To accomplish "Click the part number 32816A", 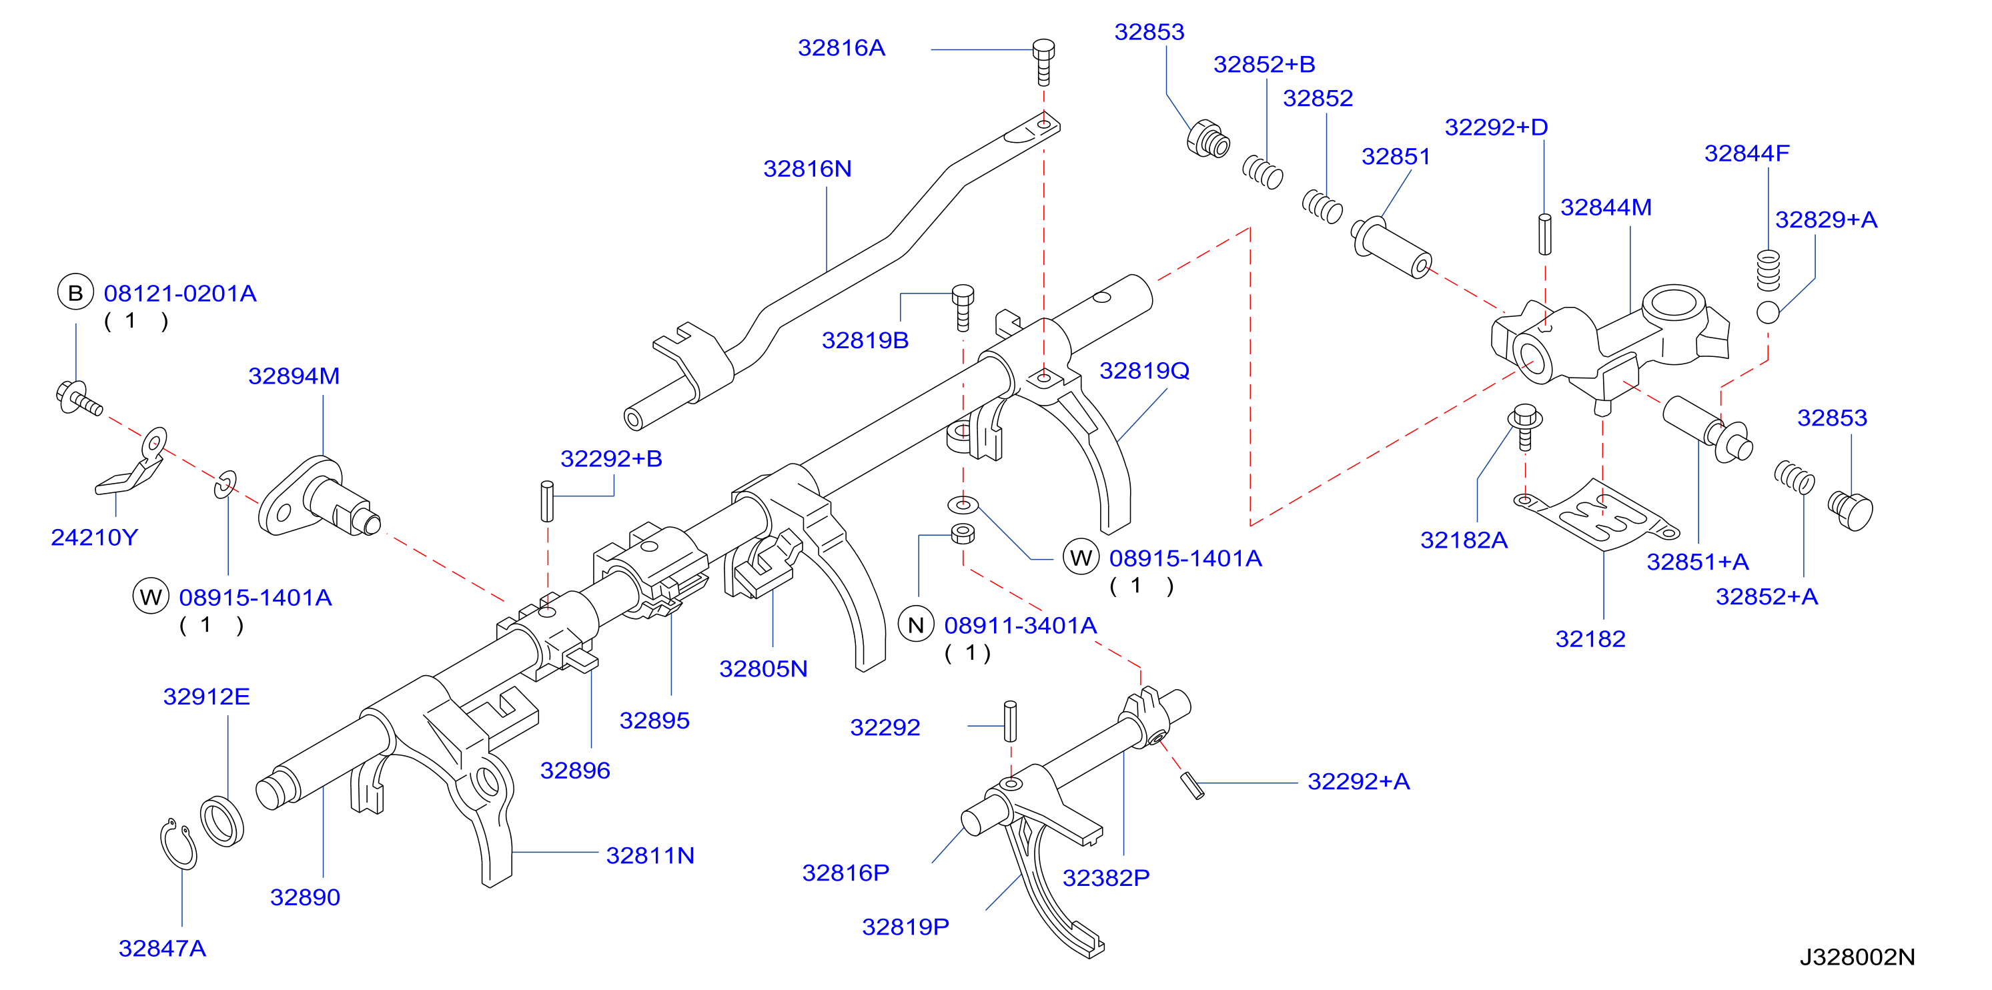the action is click(841, 48).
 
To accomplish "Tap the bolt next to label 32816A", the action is click(1043, 63).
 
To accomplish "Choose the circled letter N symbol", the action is click(915, 625).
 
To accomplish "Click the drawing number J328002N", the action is click(1857, 957).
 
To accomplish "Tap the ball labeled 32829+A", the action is click(1768, 312).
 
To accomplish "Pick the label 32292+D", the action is click(1496, 127).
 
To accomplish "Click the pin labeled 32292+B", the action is click(548, 501).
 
